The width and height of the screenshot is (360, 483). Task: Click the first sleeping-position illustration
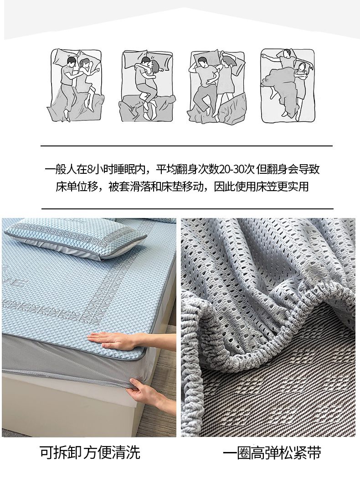pyautogui.click(x=76, y=85)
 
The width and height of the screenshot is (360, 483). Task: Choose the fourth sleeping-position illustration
pyautogui.click(x=288, y=85)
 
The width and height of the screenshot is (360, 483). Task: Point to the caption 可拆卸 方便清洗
pyautogui.click(x=90, y=452)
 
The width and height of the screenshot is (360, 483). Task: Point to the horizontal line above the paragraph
pyautogui.click(x=187, y=145)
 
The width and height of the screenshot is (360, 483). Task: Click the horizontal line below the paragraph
pyautogui.click(x=187, y=208)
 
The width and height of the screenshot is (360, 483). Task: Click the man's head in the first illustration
pyautogui.click(x=71, y=61)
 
